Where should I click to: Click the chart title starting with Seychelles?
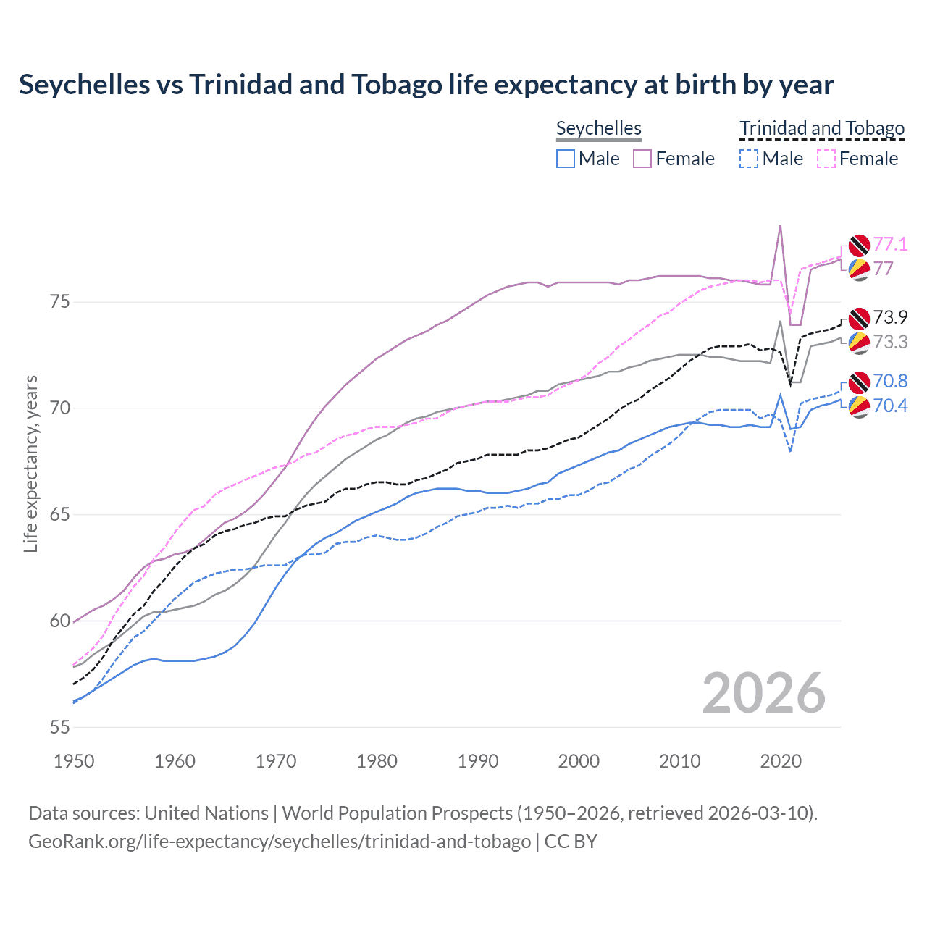(x=426, y=85)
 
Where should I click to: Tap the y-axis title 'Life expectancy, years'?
(x=30, y=463)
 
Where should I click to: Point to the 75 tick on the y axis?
(x=59, y=301)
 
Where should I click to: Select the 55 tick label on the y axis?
(x=59, y=727)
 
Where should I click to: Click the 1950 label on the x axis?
(x=74, y=761)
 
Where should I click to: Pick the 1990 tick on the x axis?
(x=478, y=761)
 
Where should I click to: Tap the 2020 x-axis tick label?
(x=781, y=761)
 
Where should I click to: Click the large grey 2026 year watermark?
(x=763, y=693)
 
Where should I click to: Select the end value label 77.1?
(x=890, y=245)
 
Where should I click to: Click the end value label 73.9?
(x=890, y=317)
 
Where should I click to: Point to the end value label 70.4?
(x=890, y=406)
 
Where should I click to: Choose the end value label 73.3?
(x=890, y=342)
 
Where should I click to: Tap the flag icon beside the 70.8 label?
(x=859, y=382)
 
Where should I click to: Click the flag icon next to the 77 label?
(x=859, y=269)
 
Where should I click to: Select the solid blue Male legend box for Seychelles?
(x=566, y=159)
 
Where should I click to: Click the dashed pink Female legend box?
(x=826, y=159)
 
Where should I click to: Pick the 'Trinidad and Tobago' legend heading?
(x=822, y=129)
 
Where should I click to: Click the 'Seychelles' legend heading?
(x=599, y=129)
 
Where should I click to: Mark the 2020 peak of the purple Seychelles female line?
(x=780, y=225)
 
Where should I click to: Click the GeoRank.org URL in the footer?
(x=280, y=842)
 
